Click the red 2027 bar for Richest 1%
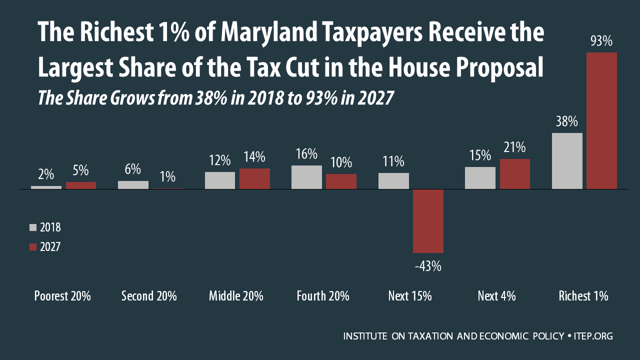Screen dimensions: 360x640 (601, 120)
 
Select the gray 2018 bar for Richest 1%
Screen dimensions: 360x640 (567, 161)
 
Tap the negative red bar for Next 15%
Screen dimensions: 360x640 (428, 221)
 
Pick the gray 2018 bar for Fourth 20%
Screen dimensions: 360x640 (306, 177)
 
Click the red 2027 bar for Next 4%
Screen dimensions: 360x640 (514, 174)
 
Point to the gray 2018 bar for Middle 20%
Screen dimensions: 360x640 (220, 180)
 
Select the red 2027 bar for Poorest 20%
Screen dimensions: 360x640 (81, 185)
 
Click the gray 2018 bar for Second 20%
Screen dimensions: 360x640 (133, 185)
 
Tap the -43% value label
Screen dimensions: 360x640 (428, 266)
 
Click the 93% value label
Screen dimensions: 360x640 (601, 41)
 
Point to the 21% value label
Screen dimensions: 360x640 (514, 147)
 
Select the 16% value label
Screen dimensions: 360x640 (306, 153)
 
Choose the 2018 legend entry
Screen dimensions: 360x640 (45, 227)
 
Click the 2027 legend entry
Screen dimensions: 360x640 (45, 246)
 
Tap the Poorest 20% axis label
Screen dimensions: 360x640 (62, 296)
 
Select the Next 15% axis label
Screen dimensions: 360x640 (410, 296)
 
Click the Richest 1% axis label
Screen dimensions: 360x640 (583, 296)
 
